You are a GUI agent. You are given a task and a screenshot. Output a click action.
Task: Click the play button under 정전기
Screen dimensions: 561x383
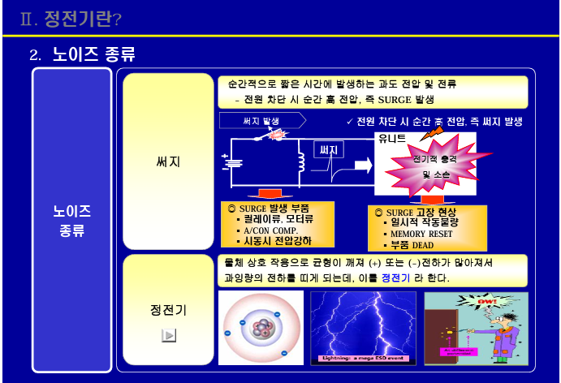[169, 335]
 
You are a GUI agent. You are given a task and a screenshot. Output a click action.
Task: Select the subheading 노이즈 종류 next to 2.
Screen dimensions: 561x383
[93, 55]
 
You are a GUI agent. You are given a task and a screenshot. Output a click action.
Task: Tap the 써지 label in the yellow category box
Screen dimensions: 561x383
[168, 161]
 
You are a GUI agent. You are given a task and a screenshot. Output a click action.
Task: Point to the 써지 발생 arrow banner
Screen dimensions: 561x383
[262, 120]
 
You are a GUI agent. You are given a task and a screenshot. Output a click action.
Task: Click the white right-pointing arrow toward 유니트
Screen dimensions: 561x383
[361, 166]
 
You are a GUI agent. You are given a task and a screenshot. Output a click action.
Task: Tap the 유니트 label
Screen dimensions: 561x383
[392, 139]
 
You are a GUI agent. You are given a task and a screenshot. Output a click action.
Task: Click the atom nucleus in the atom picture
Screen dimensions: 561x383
[262, 329]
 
